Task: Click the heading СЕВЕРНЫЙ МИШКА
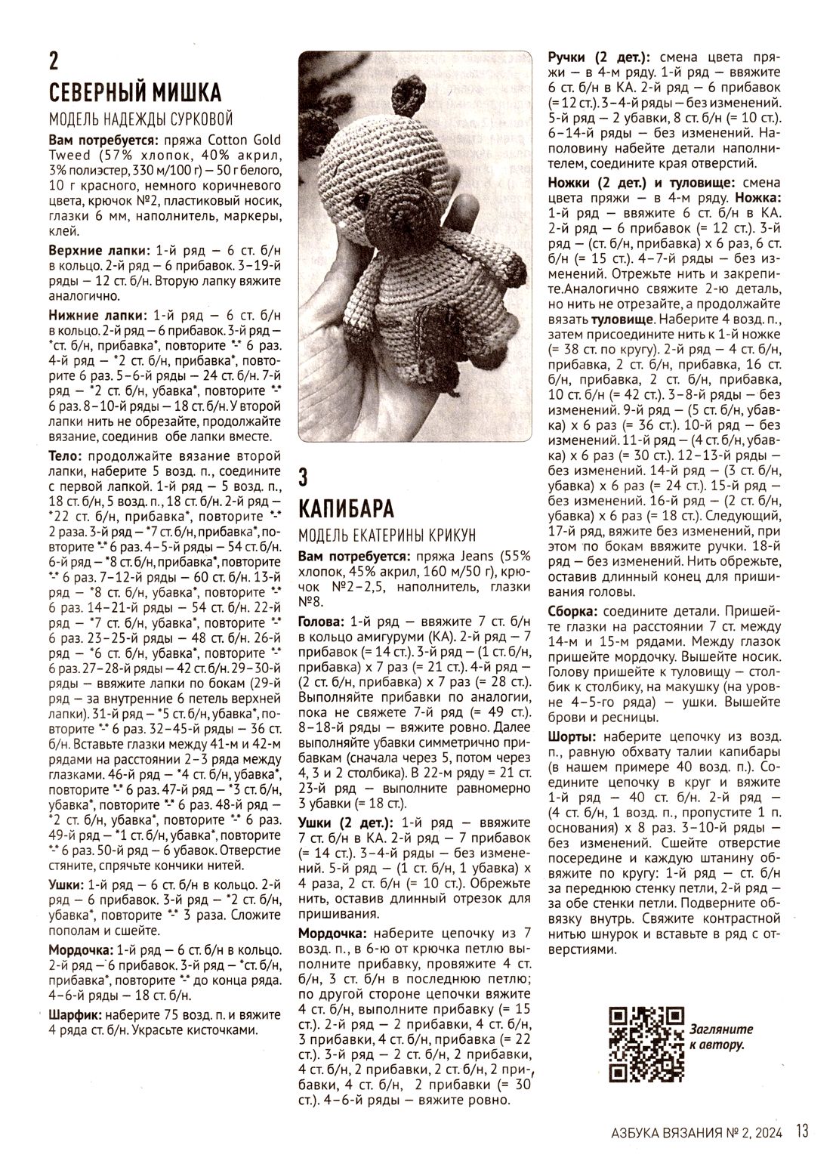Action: pyautogui.click(x=135, y=92)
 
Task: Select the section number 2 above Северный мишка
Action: pyautogui.click(x=54, y=60)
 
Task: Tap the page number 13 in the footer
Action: pyautogui.click(x=802, y=1131)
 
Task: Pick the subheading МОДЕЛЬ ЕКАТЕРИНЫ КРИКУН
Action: pyautogui.click(x=387, y=535)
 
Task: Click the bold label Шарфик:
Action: pyautogui.click(x=76, y=1014)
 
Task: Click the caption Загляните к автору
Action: pyautogui.click(x=720, y=1037)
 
